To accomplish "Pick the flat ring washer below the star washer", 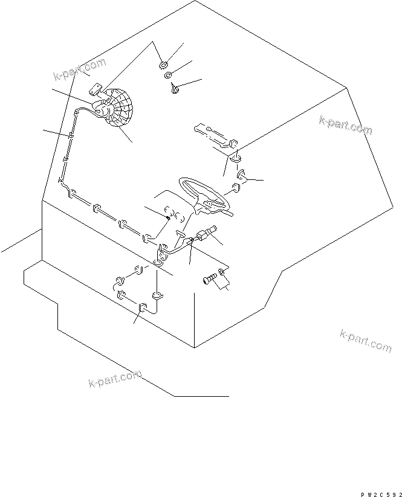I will pos(169,76).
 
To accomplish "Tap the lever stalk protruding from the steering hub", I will pos(229,212).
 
